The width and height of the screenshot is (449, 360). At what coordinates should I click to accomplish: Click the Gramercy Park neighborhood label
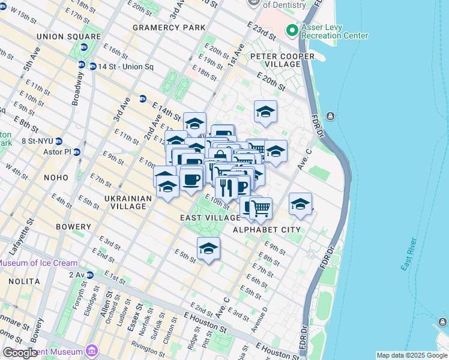tap(169, 28)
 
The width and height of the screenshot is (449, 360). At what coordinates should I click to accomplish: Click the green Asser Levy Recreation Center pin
tap(292, 29)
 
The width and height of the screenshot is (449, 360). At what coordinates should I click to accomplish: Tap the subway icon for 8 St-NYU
tap(59, 142)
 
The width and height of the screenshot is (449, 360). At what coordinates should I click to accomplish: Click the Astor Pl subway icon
tap(77, 152)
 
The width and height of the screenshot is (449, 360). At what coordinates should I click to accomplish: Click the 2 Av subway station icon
tap(90, 275)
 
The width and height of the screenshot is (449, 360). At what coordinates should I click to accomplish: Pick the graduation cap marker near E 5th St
tap(208, 248)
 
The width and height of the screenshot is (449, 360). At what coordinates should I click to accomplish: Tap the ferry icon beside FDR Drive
tap(330, 116)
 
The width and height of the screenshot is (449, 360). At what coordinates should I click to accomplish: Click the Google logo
tap(20, 353)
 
